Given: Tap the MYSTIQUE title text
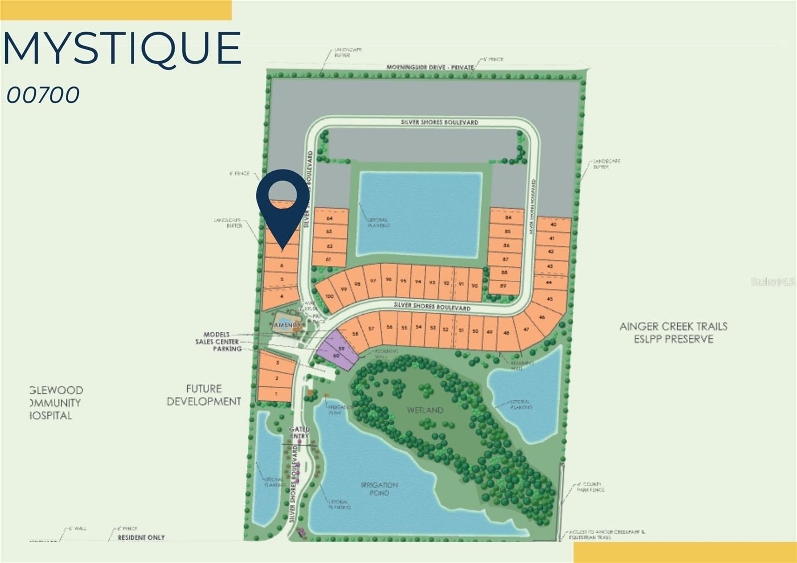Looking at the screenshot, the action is pyautogui.click(x=123, y=48).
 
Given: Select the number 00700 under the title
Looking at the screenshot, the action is pyautogui.click(x=43, y=95).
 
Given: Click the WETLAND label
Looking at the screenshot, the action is pyautogui.click(x=425, y=410).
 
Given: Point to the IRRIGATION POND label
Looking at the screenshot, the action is pyautogui.click(x=379, y=489).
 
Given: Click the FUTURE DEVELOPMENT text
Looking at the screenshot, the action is pyautogui.click(x=204, y=395).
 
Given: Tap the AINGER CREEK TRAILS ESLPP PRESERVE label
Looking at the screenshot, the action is pyautogui.click(x=673, y=332).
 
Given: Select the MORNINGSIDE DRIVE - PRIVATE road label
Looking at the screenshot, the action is pyautogui.click(x=430, y=67).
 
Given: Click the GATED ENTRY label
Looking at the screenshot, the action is pyautogui.click(x=299, y=432).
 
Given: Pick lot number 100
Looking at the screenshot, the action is pyautogui.click(x=329, y=296).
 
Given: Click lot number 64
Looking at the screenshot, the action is pyautogui.click(x=329, y=218).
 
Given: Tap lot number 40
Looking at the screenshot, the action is pyautogui.click(x=553, y=224).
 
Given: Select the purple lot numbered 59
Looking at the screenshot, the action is pyautogui.click(x=342, y=348).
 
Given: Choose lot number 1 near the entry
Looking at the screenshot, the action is pyautogui.click(x=276, y=394).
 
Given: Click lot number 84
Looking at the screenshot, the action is pyautogui.click(x=508, y=218).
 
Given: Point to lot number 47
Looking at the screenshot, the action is pyautogui.click(x=526, y=329).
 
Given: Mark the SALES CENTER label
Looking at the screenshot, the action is pyautogui.click(x=217, y=342).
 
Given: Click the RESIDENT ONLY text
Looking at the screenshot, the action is pyautogui.click(x=141, y=537).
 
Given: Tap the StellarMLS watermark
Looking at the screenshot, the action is pyautogui.click(x=773, y=282).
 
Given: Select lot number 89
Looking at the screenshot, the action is pyautogui.click(x=503, y=286).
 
